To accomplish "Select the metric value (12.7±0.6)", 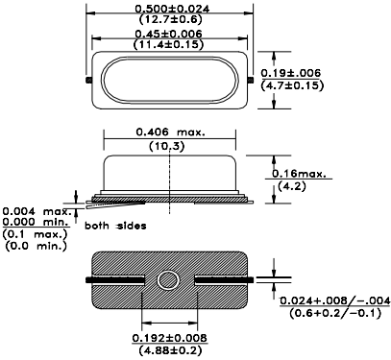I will (x=170, y=20).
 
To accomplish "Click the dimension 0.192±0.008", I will (x=171, y=338).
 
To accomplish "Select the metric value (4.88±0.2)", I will (x=171, y=350).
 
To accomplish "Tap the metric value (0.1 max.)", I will (x=35, y=234).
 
